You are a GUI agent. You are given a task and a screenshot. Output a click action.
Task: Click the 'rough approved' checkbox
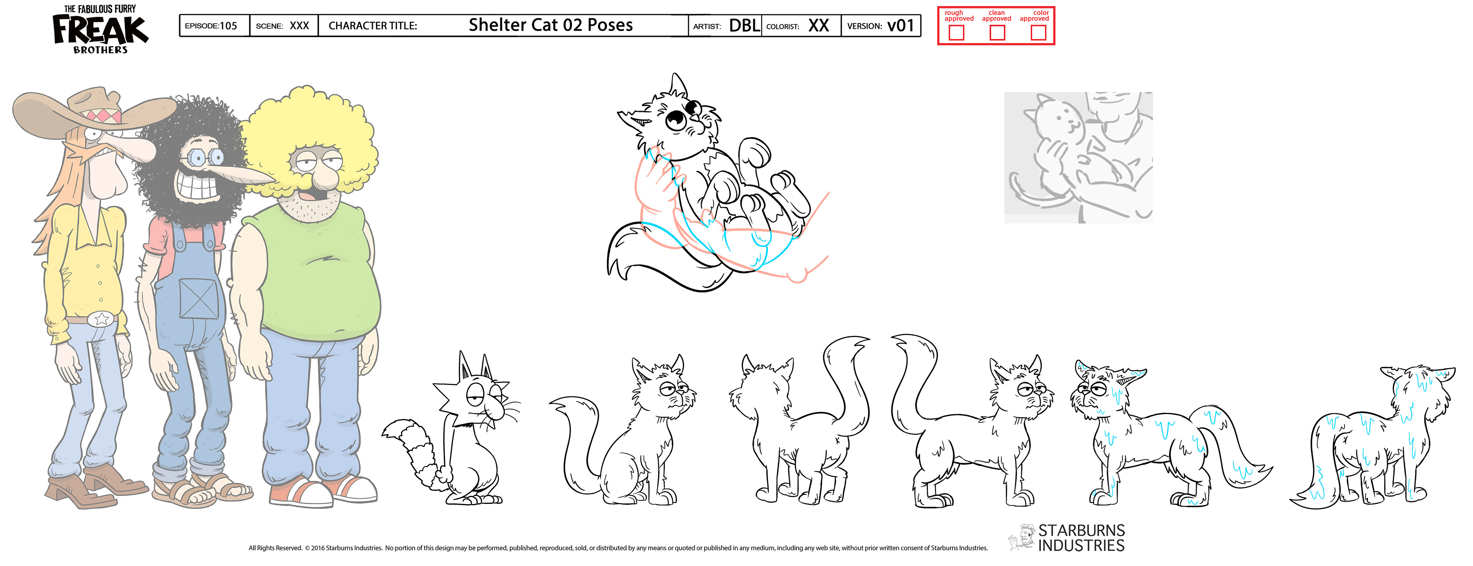(956, 33)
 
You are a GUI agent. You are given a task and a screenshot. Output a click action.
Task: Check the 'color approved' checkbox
(1038, 33)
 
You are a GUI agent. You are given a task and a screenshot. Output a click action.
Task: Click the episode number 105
(228, 26)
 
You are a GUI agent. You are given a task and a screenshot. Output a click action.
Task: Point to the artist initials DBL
(745, 25)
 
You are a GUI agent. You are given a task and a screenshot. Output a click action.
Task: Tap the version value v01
(901, 25)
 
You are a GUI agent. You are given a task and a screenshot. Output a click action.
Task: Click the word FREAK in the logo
(100, 30)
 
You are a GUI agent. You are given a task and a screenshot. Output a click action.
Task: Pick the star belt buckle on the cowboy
(101, 318)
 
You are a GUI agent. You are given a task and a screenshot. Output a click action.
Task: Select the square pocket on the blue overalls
(198, 297)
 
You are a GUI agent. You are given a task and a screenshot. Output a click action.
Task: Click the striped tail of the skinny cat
(415, 449)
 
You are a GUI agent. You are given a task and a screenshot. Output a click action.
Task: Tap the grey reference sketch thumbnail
(1078, 157)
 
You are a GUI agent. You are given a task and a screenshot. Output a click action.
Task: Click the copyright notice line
(618, 548)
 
